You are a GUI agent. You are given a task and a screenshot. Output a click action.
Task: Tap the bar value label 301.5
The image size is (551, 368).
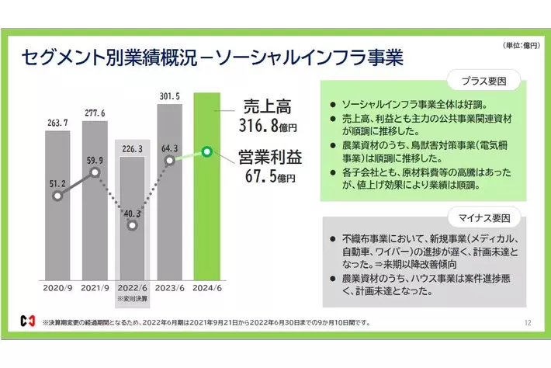[171, 96]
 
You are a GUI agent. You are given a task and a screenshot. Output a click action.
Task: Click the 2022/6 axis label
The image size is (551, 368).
[133, 286]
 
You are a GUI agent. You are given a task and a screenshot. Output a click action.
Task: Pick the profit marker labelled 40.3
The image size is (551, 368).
[133, 225]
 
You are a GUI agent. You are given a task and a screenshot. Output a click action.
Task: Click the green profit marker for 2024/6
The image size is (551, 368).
[206, 151]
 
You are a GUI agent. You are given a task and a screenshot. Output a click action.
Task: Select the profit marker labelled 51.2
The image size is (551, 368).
[58, 196]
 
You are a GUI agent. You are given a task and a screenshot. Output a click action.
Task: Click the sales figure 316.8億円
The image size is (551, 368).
[268, 123]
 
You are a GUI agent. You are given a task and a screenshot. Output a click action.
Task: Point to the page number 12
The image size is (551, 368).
[528, 321]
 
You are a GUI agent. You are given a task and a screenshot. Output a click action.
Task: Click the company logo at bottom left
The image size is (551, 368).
[28, 321]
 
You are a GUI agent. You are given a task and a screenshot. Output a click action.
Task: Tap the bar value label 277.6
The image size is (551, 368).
[95, 113]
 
